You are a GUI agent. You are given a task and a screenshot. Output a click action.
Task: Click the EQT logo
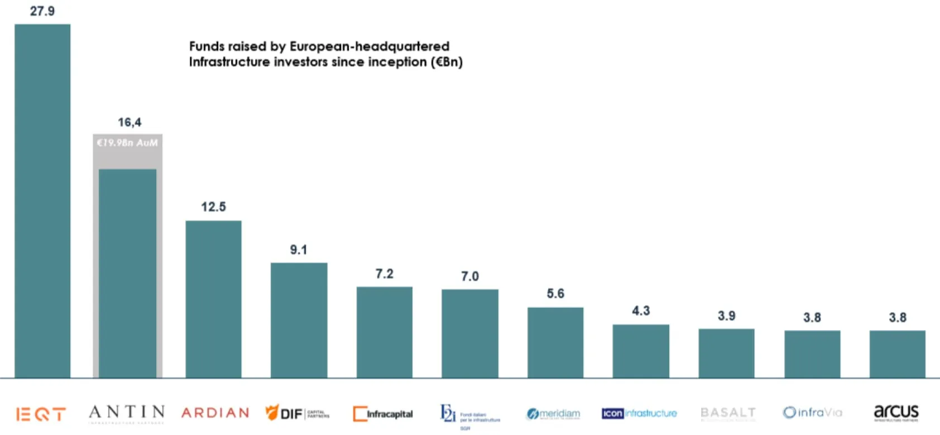pos(41,414)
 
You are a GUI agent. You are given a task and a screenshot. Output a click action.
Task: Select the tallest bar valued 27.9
pos(42,201)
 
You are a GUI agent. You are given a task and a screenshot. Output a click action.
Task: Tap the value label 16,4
pos(130,122)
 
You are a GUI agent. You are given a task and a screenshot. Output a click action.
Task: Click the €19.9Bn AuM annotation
pos(127,143)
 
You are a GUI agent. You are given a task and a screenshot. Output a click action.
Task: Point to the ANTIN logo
pos(127,413)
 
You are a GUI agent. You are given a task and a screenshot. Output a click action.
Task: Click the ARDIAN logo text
pos(215,413)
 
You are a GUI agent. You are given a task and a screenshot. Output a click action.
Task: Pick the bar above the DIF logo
pos(299,320)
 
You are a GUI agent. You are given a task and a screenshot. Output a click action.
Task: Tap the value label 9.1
pos(299,250)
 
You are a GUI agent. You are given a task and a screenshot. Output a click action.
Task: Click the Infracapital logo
pos(383,414)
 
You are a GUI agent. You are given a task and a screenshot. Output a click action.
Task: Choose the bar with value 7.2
pos(385,332)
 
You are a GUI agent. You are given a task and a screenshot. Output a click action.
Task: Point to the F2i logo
pos(469,415)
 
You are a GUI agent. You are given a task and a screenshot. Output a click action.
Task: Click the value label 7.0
pos(470,277)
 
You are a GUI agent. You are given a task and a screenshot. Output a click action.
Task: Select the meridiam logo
pos(553,414)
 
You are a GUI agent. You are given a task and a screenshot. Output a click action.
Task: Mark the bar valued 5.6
pos(555,342)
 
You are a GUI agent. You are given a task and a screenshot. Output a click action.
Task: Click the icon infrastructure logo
pos(639,413)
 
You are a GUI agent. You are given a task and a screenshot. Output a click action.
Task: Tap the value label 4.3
pos(641,311)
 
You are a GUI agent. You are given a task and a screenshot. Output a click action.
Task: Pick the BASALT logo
pos(728,413)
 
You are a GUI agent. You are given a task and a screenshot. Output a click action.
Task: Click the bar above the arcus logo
pos(897,354)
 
